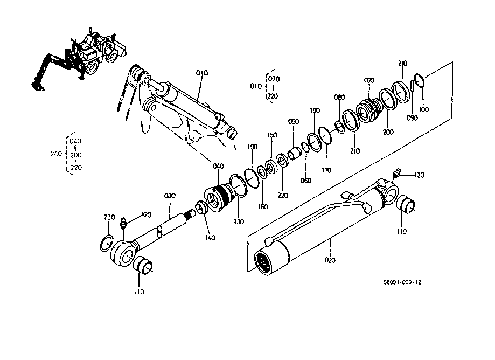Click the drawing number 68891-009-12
402,282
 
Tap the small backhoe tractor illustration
79,59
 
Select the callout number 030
170,196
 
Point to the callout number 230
109,217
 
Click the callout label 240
56,154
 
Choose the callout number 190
252,147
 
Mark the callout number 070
369,80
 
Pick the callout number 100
424,109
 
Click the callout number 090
412,118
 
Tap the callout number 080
339,97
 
